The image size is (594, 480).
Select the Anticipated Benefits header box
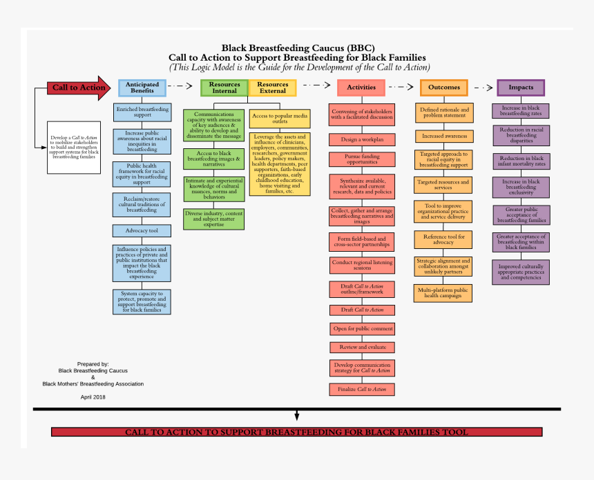[142, 88]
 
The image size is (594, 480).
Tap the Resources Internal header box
[224, 88]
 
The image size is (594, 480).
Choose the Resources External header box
[273, 88]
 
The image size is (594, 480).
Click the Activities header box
[361, 88]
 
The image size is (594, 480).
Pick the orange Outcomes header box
[444, 88]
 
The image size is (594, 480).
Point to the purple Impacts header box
[521, 88]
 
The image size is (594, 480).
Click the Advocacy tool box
[142, 230]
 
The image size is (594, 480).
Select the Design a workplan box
[362, 139]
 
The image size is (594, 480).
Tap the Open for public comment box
[362, 328]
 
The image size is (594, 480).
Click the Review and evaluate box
[362, 347]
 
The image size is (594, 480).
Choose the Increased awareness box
[444, 137]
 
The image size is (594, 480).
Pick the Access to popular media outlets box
[280, 118]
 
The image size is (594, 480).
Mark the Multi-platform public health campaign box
[444, 292]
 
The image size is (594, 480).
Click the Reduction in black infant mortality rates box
[521, 161]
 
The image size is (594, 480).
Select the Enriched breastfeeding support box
[142, 112]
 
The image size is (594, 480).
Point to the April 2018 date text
[93, 397]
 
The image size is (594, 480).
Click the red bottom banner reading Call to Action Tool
[296, 432]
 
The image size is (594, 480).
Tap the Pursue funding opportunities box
[362, 159]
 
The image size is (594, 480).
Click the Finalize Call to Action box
[362, 390]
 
